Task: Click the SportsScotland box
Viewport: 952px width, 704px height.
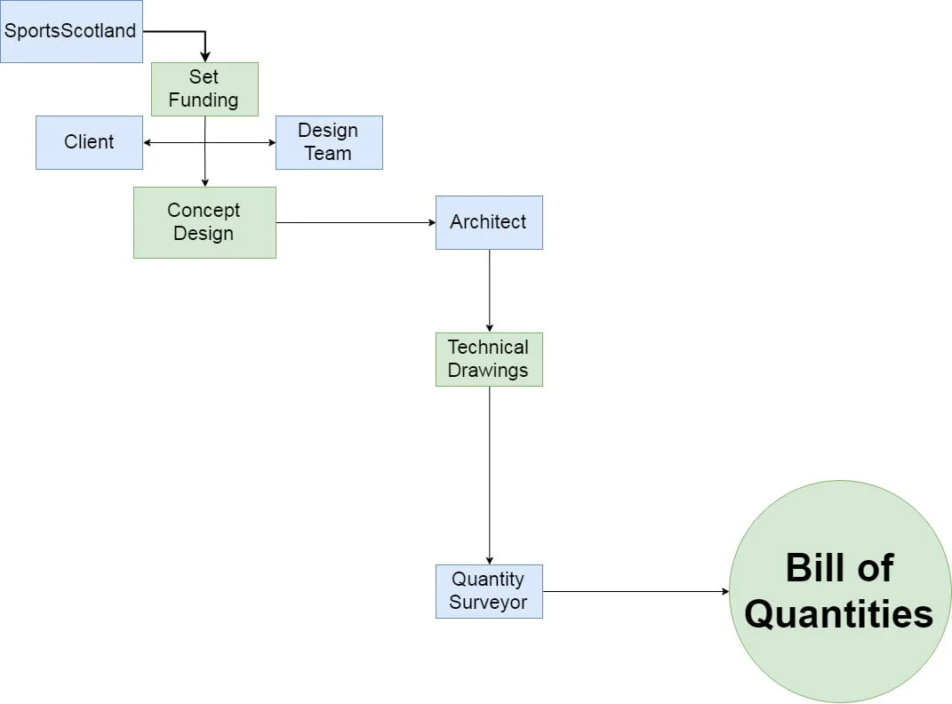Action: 71,31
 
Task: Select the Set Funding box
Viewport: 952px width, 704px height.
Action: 204,89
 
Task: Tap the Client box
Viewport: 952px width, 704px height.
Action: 89,142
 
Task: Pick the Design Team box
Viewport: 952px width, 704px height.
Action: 329,142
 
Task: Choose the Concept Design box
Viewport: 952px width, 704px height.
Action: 204,222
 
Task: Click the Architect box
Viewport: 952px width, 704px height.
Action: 489,222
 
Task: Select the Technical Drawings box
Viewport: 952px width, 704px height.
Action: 489,359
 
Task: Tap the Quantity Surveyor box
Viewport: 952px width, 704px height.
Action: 489,591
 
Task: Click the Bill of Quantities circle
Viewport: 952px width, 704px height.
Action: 839,591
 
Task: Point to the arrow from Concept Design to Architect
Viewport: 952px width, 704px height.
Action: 356,222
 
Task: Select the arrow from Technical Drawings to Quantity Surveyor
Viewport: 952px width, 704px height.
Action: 489,476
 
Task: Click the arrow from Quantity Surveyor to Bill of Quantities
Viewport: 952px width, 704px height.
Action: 636,591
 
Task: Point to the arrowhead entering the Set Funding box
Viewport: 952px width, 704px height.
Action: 204,57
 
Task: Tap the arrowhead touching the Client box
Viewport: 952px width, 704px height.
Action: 148,142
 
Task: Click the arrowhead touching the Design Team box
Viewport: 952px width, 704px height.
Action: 271,142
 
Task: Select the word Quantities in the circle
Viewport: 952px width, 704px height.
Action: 839,614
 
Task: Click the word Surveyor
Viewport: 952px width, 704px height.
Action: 488,603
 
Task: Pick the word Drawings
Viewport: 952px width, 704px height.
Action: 488,371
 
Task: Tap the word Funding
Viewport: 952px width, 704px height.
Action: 204,100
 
